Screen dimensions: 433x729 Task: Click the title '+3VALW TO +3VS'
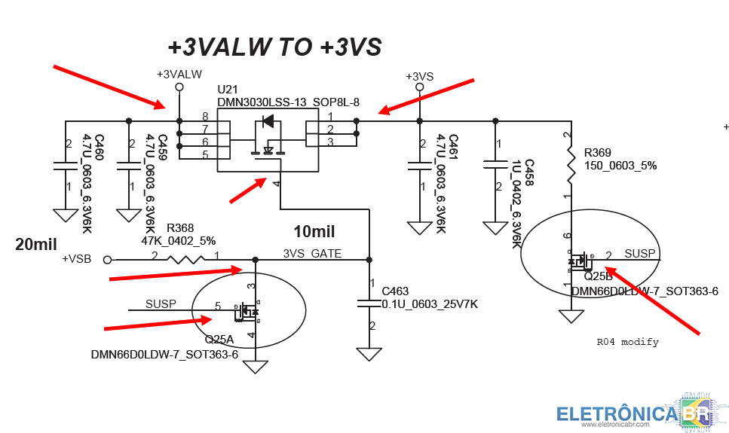pyautogui.click(x=274, y=47)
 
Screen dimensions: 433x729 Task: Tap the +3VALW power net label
pyautogui.click(x=179, y=75)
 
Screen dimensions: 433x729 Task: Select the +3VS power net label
pyautogui.click(x=419, y=77)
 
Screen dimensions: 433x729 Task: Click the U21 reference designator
pyautogui.click(x=227, y=90)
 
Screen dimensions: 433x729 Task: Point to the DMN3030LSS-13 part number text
pyautogui.click(x=262, y=102)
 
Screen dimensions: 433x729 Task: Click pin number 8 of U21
pyautogui.click(x=204, y=117)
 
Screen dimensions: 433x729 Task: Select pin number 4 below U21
pyautogui.click(x=277, y=184)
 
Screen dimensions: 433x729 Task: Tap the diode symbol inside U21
pyautogui.click(x=268, y=120)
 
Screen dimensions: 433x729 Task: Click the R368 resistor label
pyautogui.click(x=180, y=228)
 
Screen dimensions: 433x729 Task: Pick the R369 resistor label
pyautogui.click(x=599, y=153)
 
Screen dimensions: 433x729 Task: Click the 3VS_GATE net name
pyautogui.click(x=312, y=254)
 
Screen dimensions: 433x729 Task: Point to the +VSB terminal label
pyautogui.click(x=76, y=259)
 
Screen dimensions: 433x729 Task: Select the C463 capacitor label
pyautogui.click(x=395, y=291)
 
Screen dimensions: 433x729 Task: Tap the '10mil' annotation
pyautogui.click(x=314, y=231)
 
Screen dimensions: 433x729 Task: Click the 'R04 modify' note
pyautogui.click(x=627, y=342)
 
